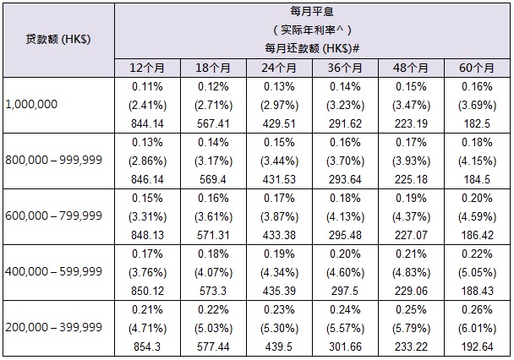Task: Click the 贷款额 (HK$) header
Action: pos(58,40)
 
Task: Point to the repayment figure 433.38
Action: pos(280,232)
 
